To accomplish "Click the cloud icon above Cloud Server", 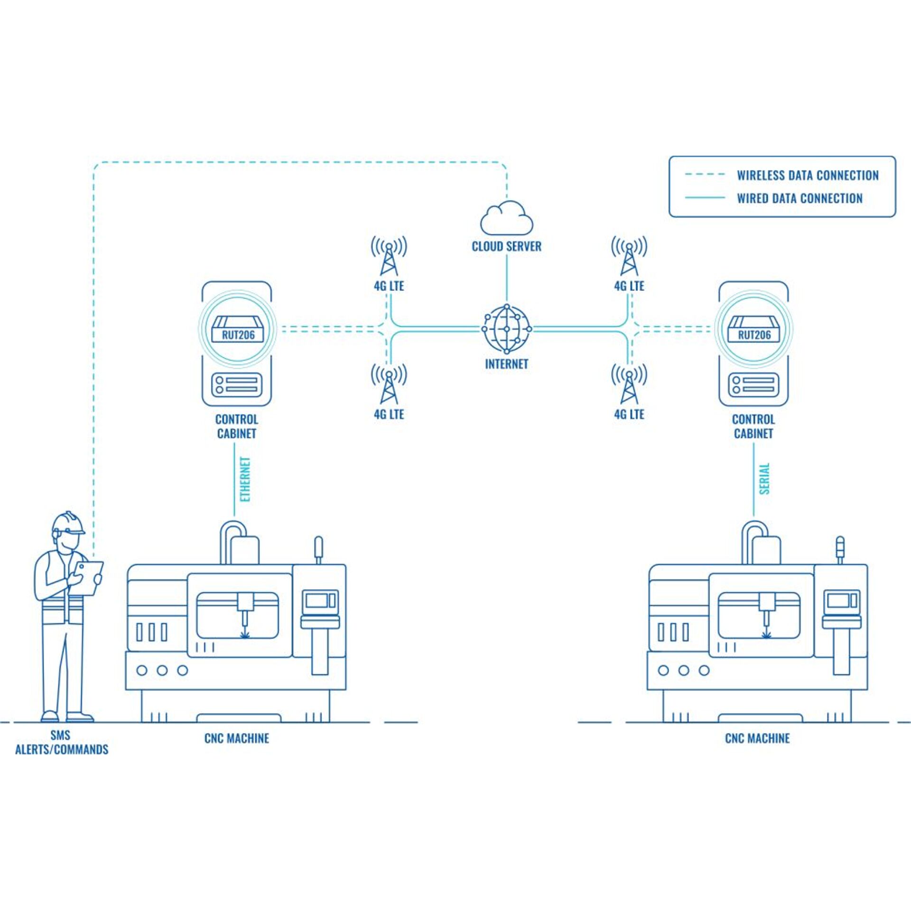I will (506, 218).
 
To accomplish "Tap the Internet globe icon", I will (506, 329).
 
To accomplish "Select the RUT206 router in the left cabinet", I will (238, 329).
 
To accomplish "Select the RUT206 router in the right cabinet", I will (753, 329).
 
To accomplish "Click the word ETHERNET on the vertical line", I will (245, 479).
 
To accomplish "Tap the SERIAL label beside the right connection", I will (764, 479).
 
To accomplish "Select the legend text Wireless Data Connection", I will (808, 176).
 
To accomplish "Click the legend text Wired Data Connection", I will (799, 198).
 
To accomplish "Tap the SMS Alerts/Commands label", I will (61, 743).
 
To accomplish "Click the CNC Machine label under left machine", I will (237, 738).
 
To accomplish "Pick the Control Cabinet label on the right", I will (753, 426).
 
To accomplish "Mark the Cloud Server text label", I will (506, 246).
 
